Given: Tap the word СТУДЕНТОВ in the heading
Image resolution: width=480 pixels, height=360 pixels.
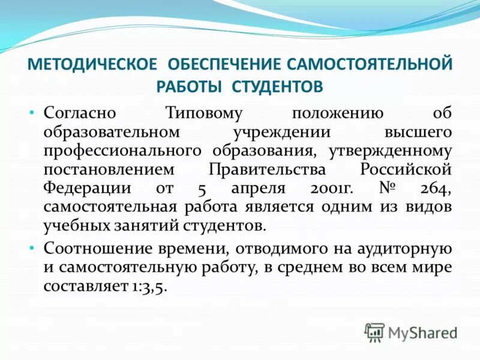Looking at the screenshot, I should click(278, 86).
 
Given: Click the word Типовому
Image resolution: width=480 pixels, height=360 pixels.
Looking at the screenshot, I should click(203, 113).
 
